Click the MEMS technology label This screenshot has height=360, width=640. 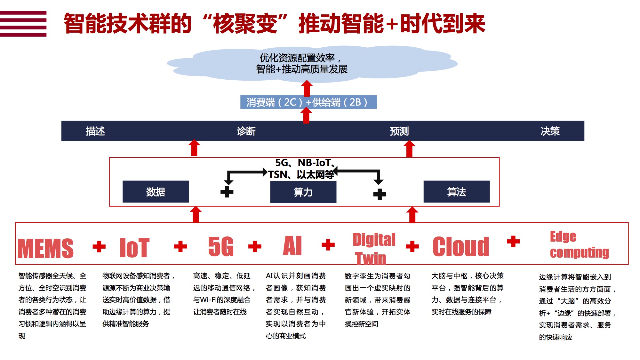(x=45, y=248)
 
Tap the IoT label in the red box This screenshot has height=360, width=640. (x=134, y=247)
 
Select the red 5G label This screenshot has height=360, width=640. (x=221, y=246)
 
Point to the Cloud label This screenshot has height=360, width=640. (x=461, y=246)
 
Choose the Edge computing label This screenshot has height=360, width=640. (x=579, y=244)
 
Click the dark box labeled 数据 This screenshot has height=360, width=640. (x=156, y=192)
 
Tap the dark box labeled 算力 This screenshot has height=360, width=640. (x=303, y=192)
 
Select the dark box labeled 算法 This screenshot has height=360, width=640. (x=457, y=192)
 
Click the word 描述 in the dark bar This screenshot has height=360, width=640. (x=95, y=131)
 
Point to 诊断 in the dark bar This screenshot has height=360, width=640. (x=246, y=131)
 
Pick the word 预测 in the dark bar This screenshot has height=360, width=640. (x=399, y=131)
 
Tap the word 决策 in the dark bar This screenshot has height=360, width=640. (x=550, y=131)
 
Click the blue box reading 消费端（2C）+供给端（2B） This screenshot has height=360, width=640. (x=308, y=102)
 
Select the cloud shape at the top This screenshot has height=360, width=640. (x=312, y=63)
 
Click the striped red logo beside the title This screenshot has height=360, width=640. (x=23, y=24)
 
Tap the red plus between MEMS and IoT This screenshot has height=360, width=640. (x=99, y=246)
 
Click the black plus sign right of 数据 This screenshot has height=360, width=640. (x=227, y=192)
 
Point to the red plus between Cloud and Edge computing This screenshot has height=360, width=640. (x=513, y=241)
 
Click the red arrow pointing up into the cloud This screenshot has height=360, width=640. (x=307, y=88)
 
